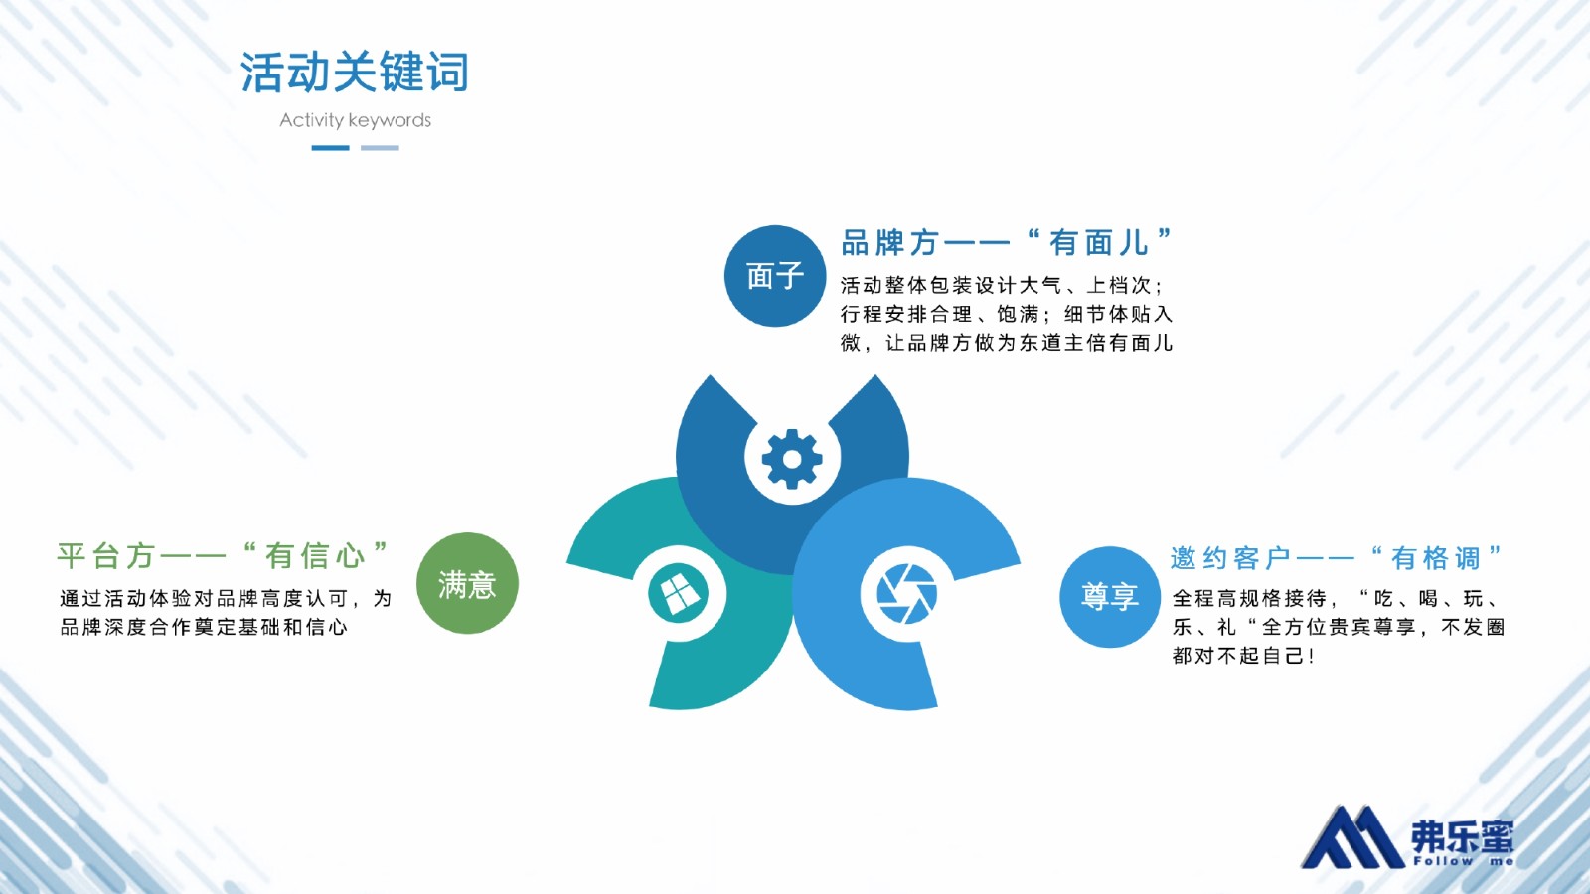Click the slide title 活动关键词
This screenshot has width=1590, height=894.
click(x=355, y=72)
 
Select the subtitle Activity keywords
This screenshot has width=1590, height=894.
click(x=355, y=120)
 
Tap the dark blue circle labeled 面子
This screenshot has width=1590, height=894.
click(x=775, y=276)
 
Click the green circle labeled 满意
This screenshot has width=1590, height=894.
click(x=467, y=583)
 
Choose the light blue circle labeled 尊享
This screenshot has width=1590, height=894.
click(x=1110, y=597)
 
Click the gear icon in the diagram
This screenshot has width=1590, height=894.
click(x=792, y=458)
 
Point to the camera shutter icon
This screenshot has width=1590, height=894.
click(x=906, y=593)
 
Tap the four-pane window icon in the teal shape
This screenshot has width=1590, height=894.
click(x=679, y=593)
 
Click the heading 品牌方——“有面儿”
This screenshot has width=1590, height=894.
click(x=1007, y=242)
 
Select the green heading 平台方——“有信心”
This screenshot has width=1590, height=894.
click(x=223, y=555)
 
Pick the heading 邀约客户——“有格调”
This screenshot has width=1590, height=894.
click(x=1337, y=558)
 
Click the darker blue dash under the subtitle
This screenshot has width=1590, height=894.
click(x=330, y=148)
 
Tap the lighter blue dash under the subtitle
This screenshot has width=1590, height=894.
click(x=380, y=148)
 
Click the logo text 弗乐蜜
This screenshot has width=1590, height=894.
click(x=1462, y=837)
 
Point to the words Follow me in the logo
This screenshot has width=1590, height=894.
click(x=1463, y=861)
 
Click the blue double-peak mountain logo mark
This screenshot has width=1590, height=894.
click(x=1353, y=837)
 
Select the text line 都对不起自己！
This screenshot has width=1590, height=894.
click(x=1243, y=655)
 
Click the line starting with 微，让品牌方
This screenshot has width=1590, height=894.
click(x=1007, y=343)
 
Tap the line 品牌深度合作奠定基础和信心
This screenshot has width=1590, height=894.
click(x=204, y=627)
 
